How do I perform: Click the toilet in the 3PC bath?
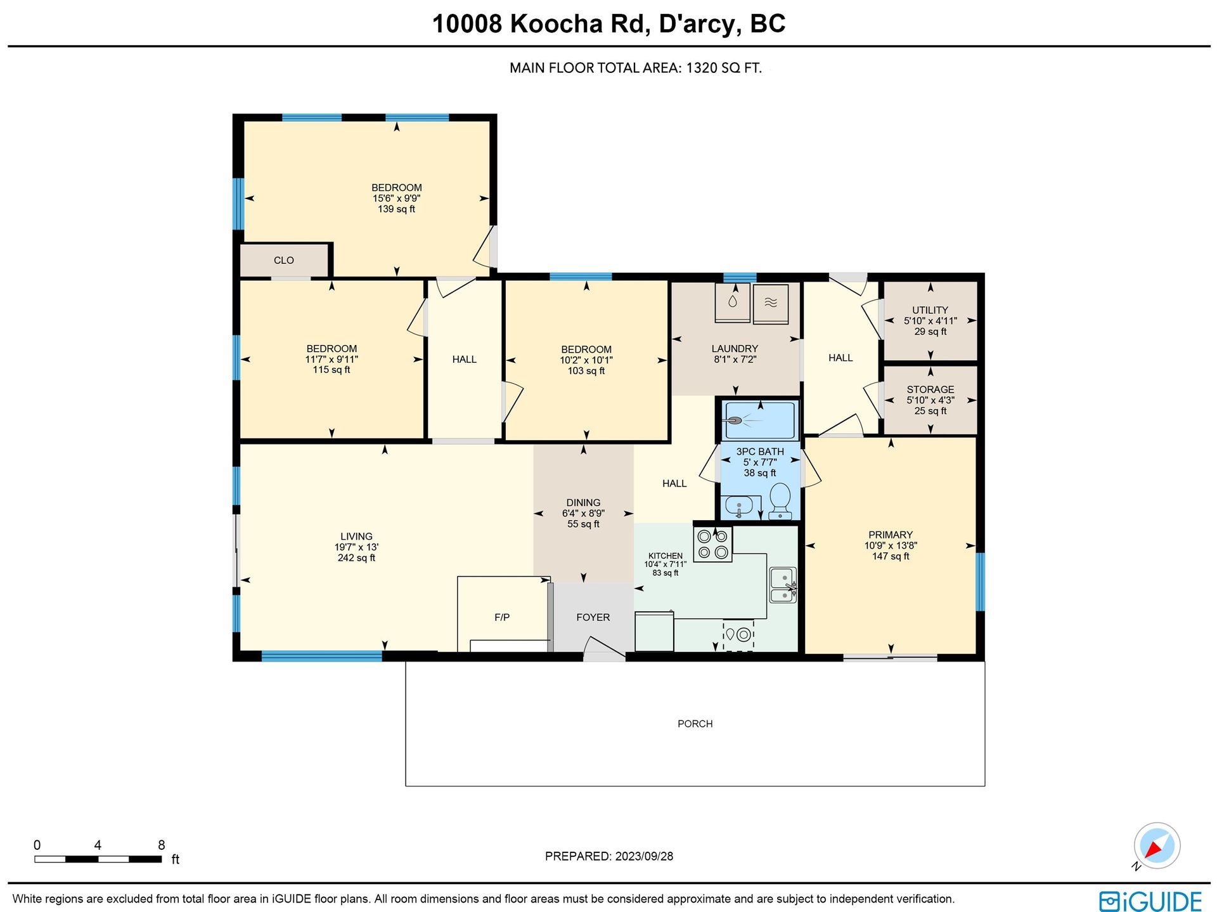click(780, 502)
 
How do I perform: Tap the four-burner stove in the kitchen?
click(712, 544)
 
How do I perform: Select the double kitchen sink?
click(783, 585)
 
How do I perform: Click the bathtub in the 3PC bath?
click(760, 420)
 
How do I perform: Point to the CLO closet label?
click(283, 260)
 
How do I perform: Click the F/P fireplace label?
click(502, 617)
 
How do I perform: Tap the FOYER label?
click(593, 617)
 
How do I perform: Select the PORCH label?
click(695, 724)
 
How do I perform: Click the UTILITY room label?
click(930, 310)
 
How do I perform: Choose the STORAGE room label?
click(930, 389)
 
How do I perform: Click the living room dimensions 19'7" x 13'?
click(356, 547)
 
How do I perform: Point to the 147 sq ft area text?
click(891, 556)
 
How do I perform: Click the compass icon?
click(1157, 845)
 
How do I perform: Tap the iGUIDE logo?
click(1150, 901)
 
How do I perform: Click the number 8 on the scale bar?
click(162, 845)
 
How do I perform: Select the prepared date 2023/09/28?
click(644, 856)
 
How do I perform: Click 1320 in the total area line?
click(701, 68)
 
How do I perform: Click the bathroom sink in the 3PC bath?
click(739, 507)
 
